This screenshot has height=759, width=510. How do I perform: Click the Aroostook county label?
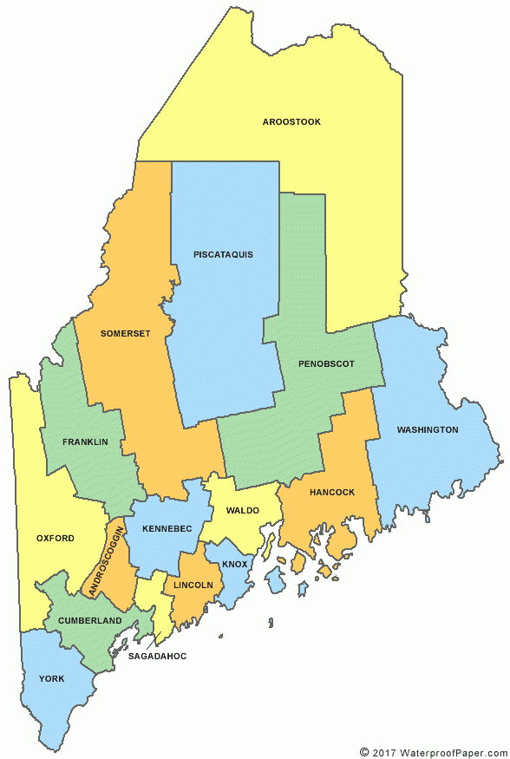291,122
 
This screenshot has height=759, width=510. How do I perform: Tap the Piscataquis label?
224,255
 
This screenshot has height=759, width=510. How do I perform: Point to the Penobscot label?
326,364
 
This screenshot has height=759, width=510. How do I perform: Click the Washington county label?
428,430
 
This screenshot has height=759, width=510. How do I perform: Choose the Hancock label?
332,493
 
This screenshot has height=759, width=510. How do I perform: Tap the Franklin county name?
85,442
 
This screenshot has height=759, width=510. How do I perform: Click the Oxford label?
56,539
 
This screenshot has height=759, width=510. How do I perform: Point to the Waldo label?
243,511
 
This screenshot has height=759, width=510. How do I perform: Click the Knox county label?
234,565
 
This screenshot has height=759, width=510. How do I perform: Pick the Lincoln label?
193,586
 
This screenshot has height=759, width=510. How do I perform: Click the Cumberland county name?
89,621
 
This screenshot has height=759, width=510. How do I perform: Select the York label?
51,678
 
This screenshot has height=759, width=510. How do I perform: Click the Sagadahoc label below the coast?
157,657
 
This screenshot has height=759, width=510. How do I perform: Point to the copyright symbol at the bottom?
364,751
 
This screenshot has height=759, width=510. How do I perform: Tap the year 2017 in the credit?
385,751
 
